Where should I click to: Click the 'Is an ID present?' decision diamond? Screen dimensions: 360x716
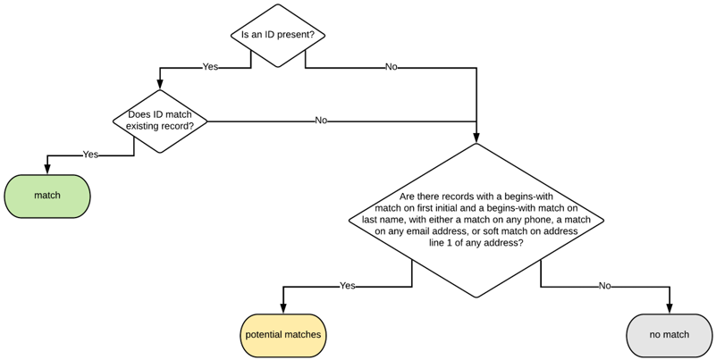point(278,36)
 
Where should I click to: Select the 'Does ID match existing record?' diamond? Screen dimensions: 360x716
point(160,121)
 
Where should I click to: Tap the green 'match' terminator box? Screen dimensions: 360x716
point(47,195)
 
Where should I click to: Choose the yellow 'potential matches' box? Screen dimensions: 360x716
point(283,335)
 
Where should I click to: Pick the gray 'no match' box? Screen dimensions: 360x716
point(669,335)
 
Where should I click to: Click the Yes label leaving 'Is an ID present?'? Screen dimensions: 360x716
point(210,67)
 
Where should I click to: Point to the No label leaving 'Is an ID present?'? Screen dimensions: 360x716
point(391,67)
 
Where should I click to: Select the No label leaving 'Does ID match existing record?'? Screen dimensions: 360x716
point(321,121)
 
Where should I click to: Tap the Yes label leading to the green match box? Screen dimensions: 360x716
point(90,155)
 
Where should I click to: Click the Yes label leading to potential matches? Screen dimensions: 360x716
point(348,286)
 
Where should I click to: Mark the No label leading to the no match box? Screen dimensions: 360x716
point(604,286)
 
